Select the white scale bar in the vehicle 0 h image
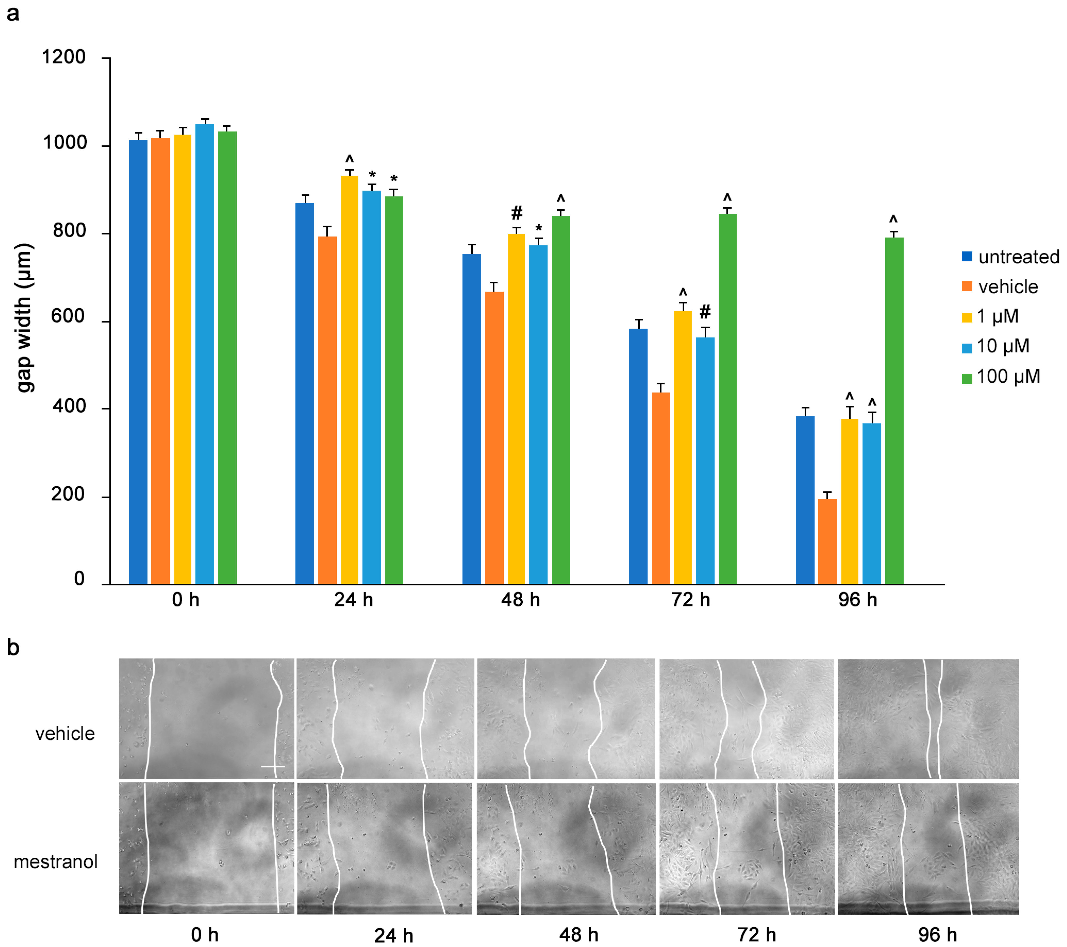pyautogui.click(x=272, y=766)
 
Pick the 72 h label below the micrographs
pyautogui.click(x=756, y=934)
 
